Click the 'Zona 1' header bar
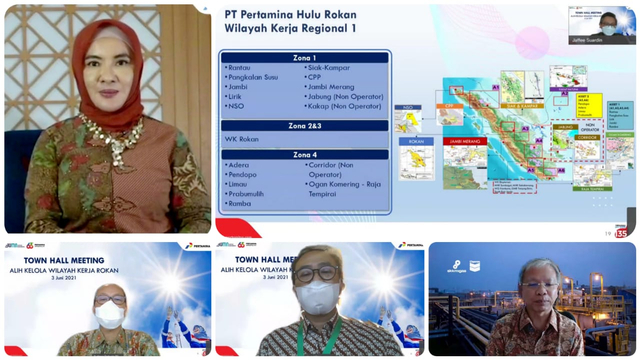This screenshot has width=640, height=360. (304, 58)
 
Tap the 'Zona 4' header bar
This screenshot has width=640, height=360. (304, 155)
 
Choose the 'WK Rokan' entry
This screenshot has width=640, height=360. (242, 139)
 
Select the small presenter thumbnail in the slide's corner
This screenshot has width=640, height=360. (602, 22)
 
